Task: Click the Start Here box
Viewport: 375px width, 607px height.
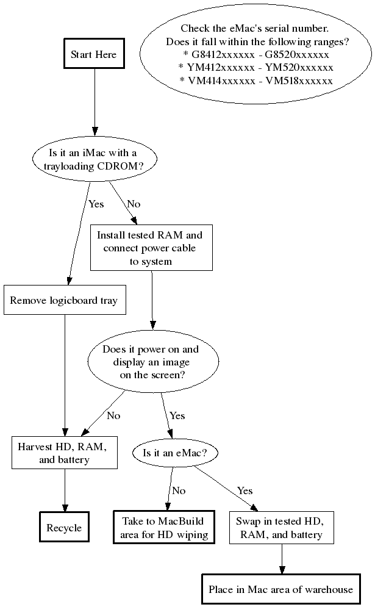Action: click(x=93, y=54)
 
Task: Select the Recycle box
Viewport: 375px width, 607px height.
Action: click(x=64, y=528)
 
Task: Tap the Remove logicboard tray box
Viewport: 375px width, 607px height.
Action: click(x=64, y=300)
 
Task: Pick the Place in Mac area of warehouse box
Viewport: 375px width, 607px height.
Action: click(x=280, y=589)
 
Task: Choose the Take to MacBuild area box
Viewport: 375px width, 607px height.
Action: click(x=163, y=528)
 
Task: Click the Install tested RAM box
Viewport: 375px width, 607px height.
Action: click(x=151, y=248)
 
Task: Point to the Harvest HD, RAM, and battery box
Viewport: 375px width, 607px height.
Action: click(x=64, y=453)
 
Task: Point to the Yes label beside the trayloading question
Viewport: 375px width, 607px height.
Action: click(x=96, y=204)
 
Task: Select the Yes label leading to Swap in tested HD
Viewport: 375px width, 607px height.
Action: click(x=245, y=490)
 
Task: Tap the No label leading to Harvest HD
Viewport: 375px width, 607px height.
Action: click(x=113, y=416)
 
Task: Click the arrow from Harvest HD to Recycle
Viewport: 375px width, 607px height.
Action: click(x=64, y=490)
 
